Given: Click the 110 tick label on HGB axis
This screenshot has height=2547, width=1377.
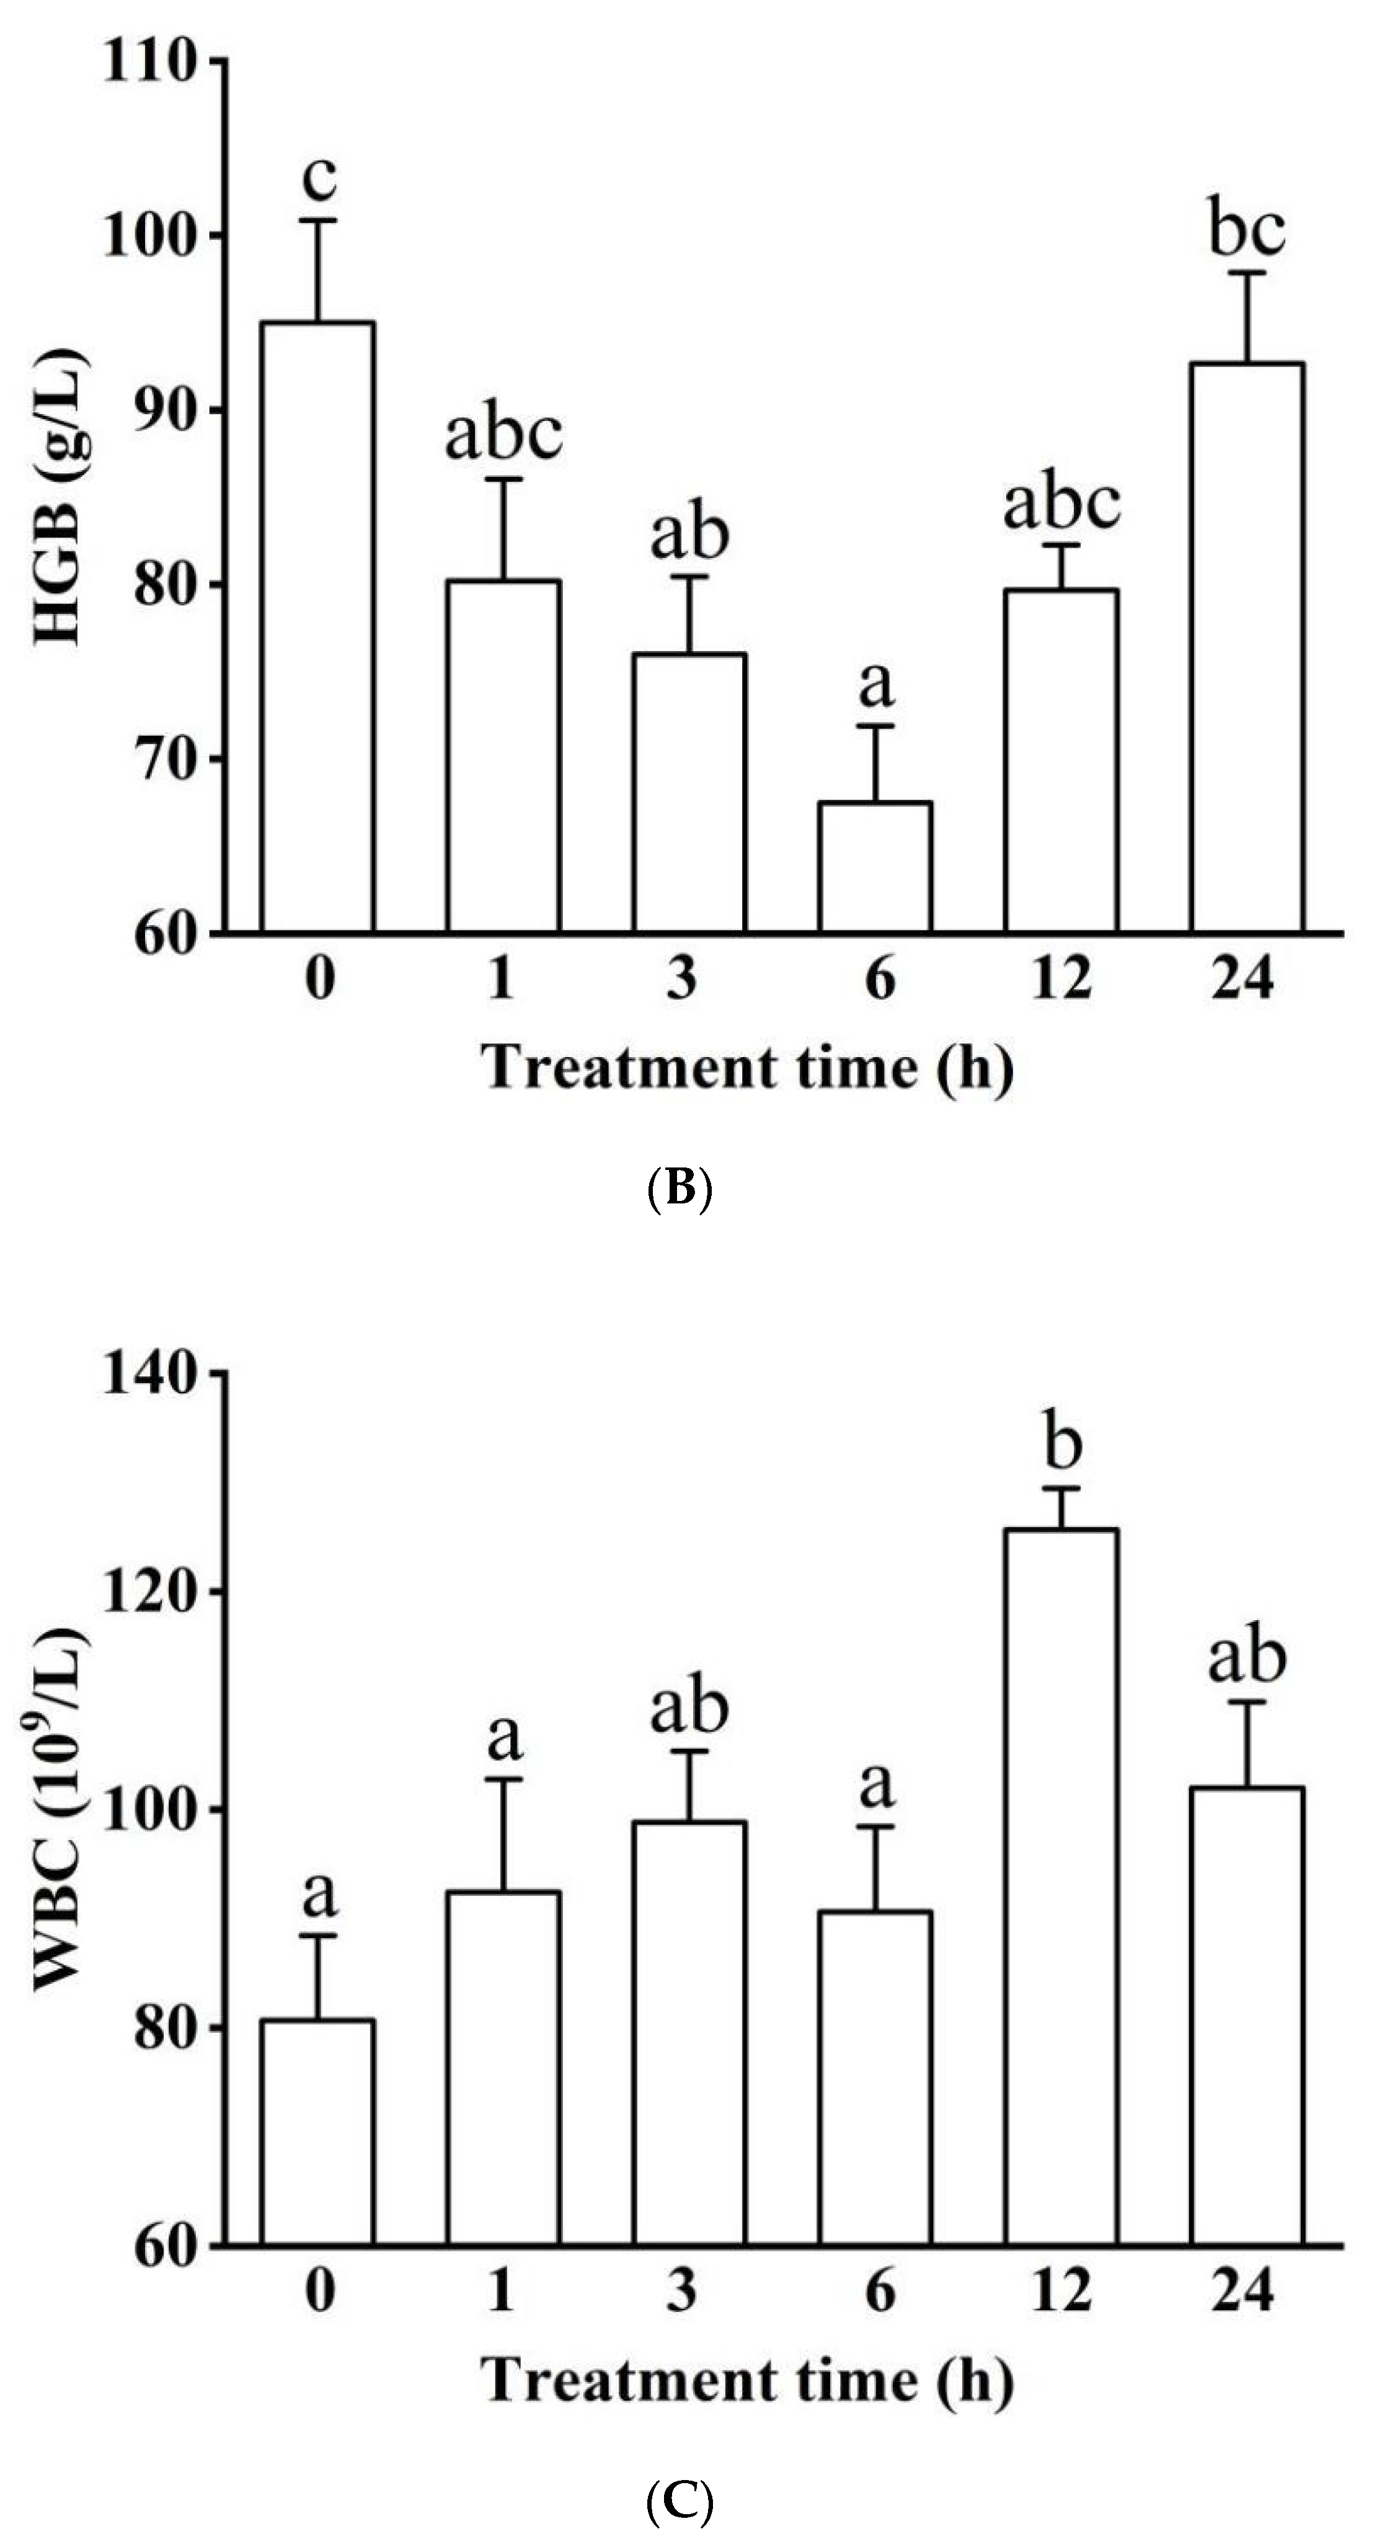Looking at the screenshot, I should coord(148,62).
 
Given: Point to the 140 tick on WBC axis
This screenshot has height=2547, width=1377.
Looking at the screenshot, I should coord(148,1375).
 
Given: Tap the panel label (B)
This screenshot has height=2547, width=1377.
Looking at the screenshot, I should coord(678,1189).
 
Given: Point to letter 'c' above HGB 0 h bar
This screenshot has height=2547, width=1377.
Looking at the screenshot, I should coord(318,178).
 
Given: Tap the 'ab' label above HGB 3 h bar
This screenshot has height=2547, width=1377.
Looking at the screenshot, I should coord(689,534).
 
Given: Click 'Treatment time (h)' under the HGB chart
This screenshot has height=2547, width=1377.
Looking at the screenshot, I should coord(747,1069).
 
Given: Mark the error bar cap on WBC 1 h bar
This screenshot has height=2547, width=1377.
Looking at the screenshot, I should coord(503,1779).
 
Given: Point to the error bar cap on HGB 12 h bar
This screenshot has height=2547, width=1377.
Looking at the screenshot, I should coord(1061,545).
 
